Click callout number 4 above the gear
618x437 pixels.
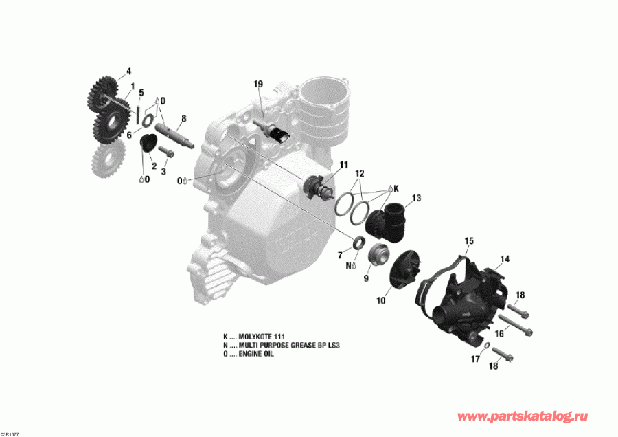pos(128,71)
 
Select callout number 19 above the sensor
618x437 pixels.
pos(258,84)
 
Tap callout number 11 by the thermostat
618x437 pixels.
pos(343,165)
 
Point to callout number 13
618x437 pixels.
pos(416,198)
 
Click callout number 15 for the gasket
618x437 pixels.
pos(469,241)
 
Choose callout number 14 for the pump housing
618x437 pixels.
pos(505,259)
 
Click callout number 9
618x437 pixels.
pos(366,278)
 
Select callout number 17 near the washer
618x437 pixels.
pos(474,359)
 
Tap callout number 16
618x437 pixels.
pos(499,333)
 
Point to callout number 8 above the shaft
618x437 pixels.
pos(183,119)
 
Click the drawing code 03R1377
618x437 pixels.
pos(10,434)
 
